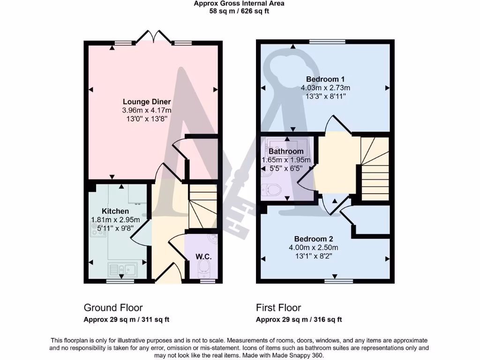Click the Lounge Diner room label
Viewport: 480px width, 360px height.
pyautogui.click(x=147, y=102)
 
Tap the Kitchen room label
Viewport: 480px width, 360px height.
pyautogui.click(x=115, y=211)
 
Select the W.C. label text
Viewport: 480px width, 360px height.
pyautogui.click(x=204, y=257)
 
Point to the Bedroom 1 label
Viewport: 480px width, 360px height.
pyautogui.click(x=325, y=79)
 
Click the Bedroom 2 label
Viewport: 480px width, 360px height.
pyautogui.click(x=314, y=238)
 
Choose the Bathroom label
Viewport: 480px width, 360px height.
pyautogui.click(x=286, y=151)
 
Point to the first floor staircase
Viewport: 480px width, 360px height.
pyautogui.click(x=375, y=169)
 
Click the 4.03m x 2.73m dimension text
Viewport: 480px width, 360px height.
pyautogui.click(x=325, y=88)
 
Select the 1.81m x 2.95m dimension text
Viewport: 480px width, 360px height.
pyautogui.click(x=115, y=220)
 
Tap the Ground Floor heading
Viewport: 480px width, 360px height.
pyautogui.click(x=113, y=307)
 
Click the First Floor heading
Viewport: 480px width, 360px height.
pyautogui.click(x=278, y=307)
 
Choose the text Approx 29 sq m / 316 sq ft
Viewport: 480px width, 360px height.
pyautogui.click(x=299, y=320)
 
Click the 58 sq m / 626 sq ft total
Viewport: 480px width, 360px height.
pyautogui.click(x=239, y=11)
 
